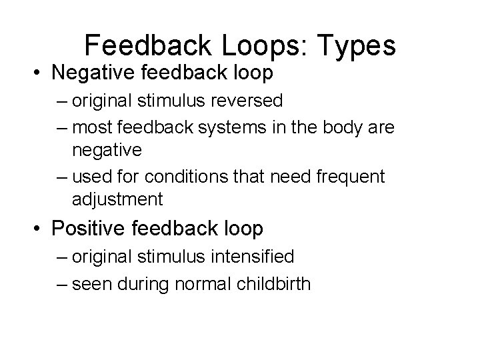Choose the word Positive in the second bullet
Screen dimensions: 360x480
point(87,228)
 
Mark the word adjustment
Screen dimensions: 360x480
point(117,199)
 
